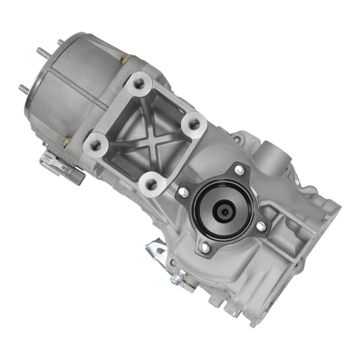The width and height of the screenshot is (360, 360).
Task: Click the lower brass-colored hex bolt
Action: pos(66,141)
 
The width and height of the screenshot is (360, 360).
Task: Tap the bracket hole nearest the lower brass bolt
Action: pos(96,146)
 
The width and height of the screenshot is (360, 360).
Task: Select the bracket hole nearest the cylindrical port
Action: pos(194,125)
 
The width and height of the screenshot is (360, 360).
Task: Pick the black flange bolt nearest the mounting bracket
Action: pos(183,192)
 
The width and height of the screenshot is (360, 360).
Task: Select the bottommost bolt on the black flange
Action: pos(204,248)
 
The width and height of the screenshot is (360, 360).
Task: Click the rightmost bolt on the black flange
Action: pos(261,226)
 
